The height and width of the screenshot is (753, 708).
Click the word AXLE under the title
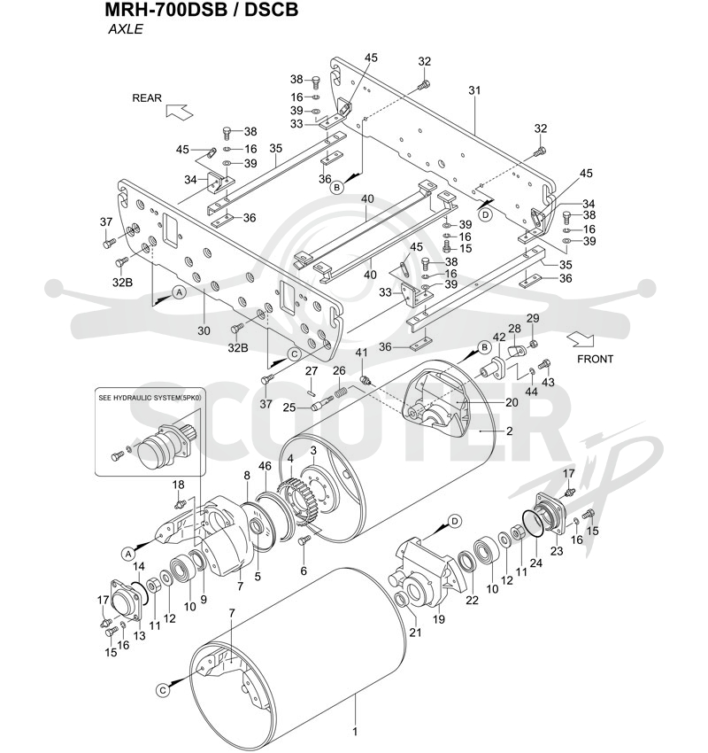[x=126, y=29]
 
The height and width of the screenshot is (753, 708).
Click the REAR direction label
[x=147, y=98]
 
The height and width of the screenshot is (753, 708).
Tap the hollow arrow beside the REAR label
[x=179, y=112]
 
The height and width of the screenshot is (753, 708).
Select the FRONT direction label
[x=595, y=359]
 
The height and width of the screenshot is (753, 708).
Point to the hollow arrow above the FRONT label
[x=580, y=339]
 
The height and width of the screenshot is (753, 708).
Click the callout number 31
[x=474, y=90]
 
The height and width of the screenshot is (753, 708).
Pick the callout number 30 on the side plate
[x=204, y=330]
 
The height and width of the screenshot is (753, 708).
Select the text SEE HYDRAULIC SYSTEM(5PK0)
[x=150, y=398]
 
